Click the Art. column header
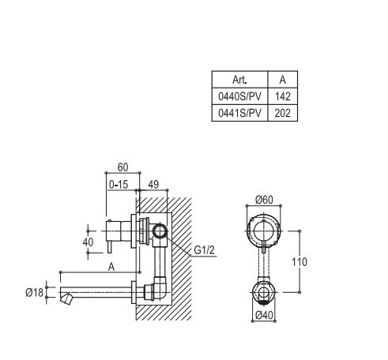coord(239,80)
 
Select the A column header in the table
coord(283,80)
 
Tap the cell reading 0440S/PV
coord(239,96)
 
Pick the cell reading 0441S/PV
coord(239,113)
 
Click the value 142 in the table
coord(283,96)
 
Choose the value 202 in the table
coord(283,113)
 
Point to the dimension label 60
coord(122,167)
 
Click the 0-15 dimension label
coord(119,185)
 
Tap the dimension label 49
coord(153,185)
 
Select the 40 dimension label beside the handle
coord(88,242)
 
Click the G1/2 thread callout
coord(205,250)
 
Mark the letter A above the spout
coord(111,267)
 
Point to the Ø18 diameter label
coord(34,292)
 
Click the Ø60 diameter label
coord(264,200)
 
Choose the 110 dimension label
coord(299,262)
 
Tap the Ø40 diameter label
coord(264,315)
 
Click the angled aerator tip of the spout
coord(66,299)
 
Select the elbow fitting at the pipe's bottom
coord(160,288)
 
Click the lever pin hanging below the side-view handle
coord(110,248)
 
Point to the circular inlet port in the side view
coord(159,232)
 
